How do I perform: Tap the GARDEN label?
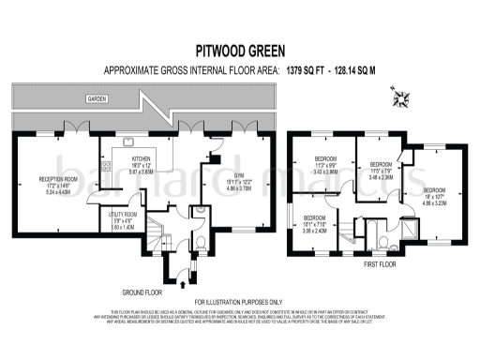[x=96, y=97]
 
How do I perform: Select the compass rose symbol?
[x=404, y=94]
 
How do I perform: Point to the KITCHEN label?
[x=141, y=159]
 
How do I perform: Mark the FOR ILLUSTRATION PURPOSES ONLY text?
[x=239, y=302]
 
